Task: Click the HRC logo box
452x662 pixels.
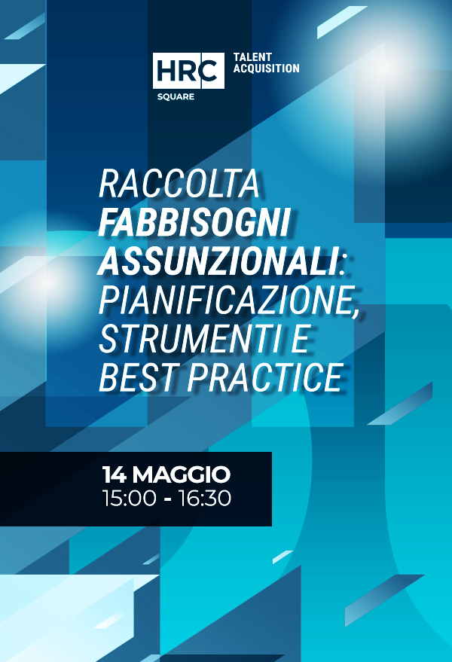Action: (188, 72)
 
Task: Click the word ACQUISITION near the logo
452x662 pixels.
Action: (266, 69)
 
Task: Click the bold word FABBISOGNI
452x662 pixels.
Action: (194, 224)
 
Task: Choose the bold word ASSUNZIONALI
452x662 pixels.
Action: (217, 262)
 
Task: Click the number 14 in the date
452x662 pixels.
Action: (115, 475)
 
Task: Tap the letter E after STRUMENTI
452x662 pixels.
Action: (299, 340)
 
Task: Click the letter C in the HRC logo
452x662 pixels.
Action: (211, 72)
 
